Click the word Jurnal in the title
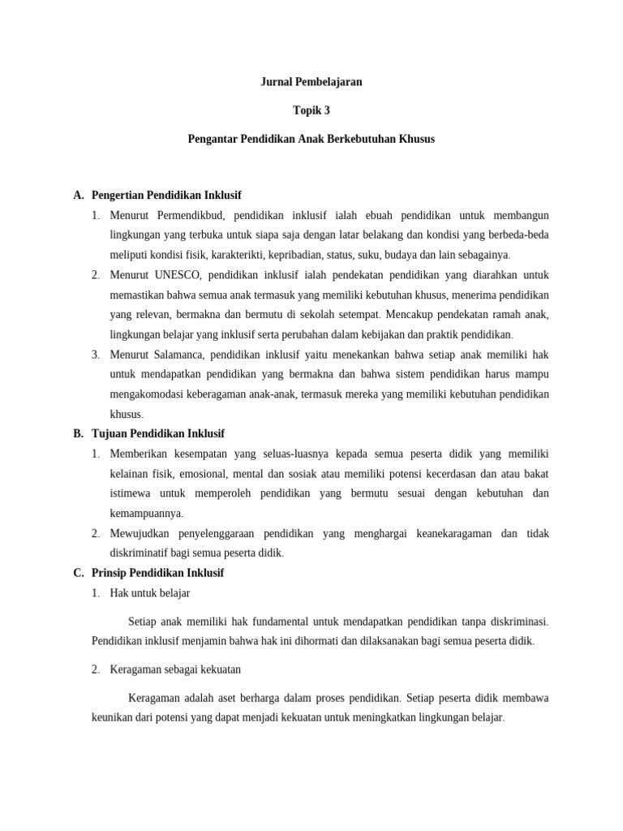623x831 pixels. coord(274,82)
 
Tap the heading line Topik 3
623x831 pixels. coord(311,110)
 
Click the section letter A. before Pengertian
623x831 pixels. coord(79,196)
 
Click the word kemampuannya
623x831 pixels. coord(146,514)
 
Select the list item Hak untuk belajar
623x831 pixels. coord(150,593)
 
